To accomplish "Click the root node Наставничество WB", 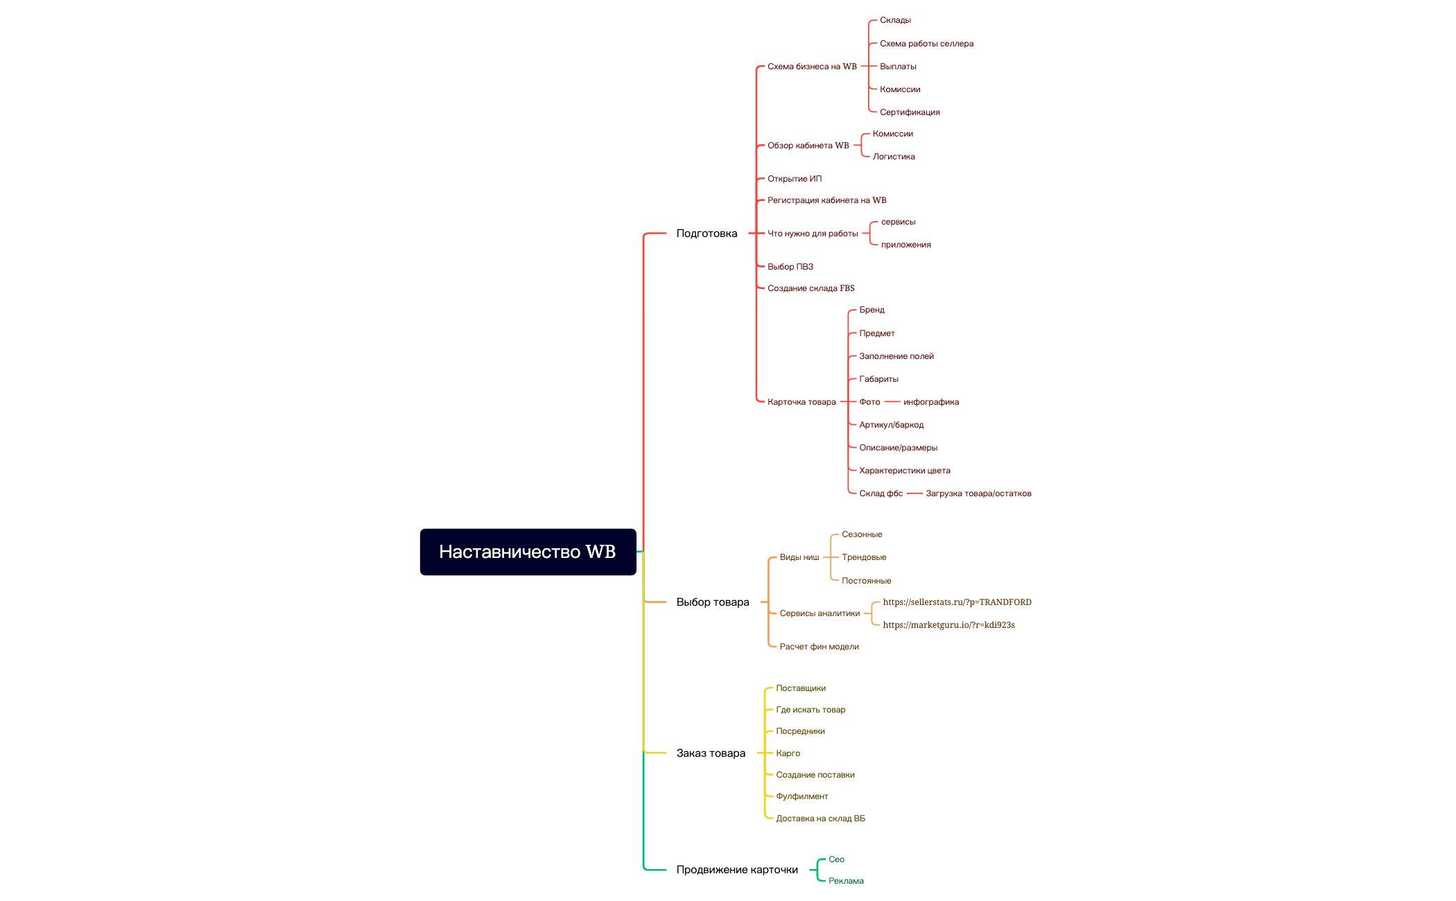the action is click(528, 552).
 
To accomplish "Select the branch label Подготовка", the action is click(707, 234).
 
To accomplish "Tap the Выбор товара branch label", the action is click(713, 602).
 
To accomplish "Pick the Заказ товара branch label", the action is click(711, 753).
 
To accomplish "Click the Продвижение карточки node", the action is click(737, 870).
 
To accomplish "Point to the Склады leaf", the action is click(895, 20).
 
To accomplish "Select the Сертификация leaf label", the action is click(910, 112).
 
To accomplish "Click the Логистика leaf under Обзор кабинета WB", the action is click(894, 157).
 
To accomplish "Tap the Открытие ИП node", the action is click(795, 179).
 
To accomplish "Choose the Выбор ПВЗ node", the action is click(790, 267).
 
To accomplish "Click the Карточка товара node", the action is click(801, 402).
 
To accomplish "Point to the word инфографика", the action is click(931, 402).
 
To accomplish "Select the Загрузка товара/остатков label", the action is click(978, 493).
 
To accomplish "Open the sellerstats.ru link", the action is click(957, 602).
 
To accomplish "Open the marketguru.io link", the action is click(948, 625).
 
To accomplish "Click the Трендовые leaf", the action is click(864, 557).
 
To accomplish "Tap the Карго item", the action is click(788, 753).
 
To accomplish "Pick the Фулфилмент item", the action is click(801, 796).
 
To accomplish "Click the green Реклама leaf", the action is click(846, 881).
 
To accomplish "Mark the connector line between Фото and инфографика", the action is click(892, 402).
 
